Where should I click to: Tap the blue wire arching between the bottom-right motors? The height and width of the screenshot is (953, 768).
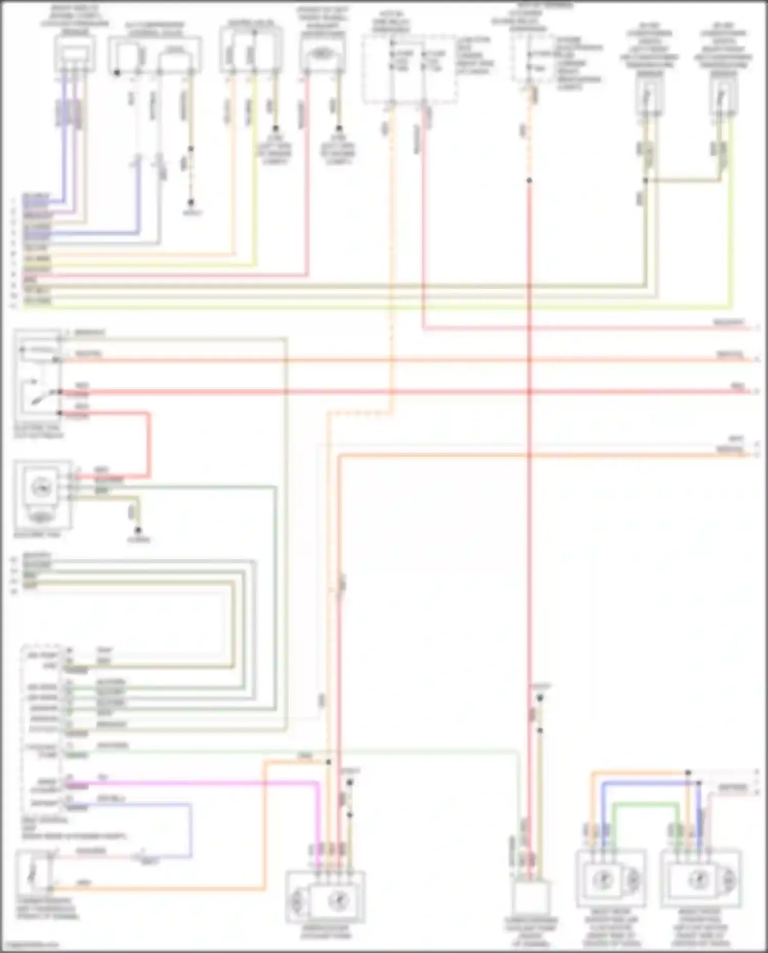tap(650, 783)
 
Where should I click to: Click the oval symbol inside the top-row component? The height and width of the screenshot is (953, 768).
tap(321, 53)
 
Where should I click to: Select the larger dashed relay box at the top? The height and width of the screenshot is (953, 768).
tap(410, 69)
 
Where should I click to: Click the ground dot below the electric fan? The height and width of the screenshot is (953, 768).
tap(138, 531)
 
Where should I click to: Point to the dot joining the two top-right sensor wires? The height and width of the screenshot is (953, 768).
tap(645, 180)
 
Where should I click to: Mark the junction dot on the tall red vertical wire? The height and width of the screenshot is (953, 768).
tap(529, 181)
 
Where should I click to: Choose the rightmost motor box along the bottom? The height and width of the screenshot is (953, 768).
tap(700, 879)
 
